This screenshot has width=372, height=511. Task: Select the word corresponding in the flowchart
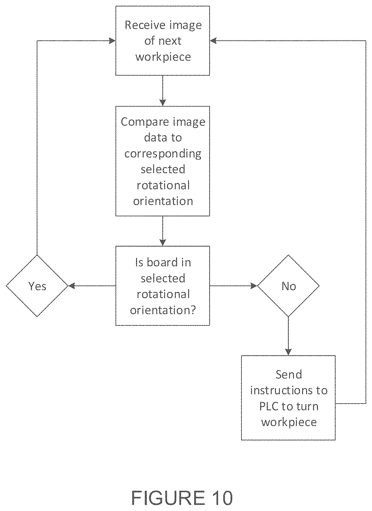point(163,154)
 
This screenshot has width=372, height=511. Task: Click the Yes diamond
point(37,286)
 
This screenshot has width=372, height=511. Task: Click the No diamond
point(288,286)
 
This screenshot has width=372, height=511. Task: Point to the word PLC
point(269,406)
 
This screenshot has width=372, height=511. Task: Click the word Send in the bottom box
point(288,375)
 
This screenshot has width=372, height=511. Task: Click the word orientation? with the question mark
point(163,310)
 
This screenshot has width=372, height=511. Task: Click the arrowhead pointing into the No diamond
point(254,286)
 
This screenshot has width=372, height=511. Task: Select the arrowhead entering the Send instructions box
point(288,352)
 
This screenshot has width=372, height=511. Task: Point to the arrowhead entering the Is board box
point(163,243)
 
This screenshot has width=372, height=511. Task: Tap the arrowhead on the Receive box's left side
point(112,41)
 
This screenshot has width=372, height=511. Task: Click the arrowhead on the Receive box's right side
point(213,41)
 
